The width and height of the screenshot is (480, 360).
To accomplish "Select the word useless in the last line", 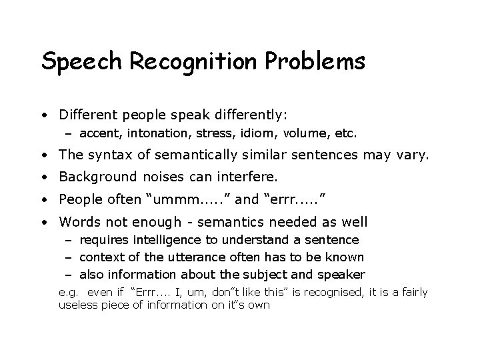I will click(x=78, y=305).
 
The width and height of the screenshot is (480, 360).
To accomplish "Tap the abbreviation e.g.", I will click(x=68, y=293).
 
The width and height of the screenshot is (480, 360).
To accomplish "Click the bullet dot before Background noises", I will click(x=43, y=178).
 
